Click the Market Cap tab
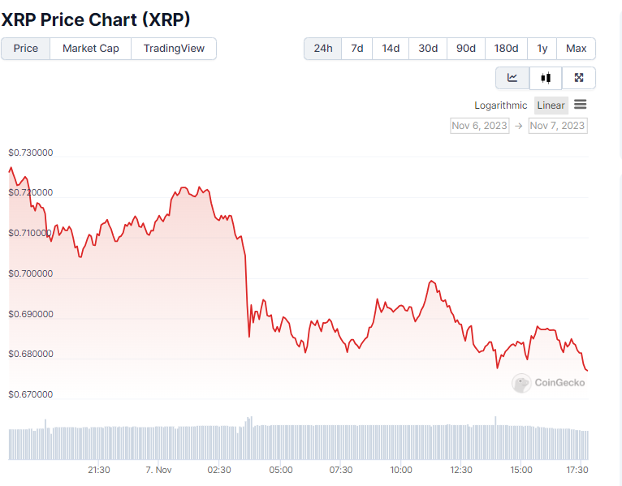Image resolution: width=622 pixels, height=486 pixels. pyautogui.click(x=91, y=49)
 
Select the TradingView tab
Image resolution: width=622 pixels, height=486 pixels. pyautogui.click(x=174, y=49)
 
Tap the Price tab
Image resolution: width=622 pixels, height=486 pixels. pyautogui.click(x=26, y=49)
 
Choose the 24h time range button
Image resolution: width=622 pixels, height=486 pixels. pyautogui.click(x=323, y=49)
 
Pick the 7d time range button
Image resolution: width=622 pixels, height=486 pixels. pyautogui.click(x=357, y=49)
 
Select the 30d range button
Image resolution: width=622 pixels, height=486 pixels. pyautogui.click(x=428, y=49)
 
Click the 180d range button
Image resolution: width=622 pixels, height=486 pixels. pyautogui.click(x=507, y=49)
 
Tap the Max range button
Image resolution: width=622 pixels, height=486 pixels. pyautogui.click(x=577, y=49)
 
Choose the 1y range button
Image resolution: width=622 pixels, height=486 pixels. pyautogui.click(x=542, y=49)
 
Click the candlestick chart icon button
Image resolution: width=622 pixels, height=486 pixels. pyautogui.click(x=546, y=78)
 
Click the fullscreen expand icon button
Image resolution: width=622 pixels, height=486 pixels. pyautogui.click(x=579, y=78)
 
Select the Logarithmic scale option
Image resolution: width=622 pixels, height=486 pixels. pyautogui.click(x=501, y=105)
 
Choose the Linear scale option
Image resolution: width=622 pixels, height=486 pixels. pyautogui.click(x=551, y=105)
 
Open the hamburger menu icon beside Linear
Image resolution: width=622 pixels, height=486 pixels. pyautogui.click(x=580, y=105)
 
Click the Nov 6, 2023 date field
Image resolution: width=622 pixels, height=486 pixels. pyautogui.click(x=480, y=126)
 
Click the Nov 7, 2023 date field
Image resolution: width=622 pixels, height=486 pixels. pyautogui.click(x=557, y=126)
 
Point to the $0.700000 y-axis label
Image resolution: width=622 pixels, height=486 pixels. pyautogui.click(x=31, y=273)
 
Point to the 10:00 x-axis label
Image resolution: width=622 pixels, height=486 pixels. pyautogui.click(x=401, y=470)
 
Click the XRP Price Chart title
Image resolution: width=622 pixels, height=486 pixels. pyautogui.click(x=96, y=19)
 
